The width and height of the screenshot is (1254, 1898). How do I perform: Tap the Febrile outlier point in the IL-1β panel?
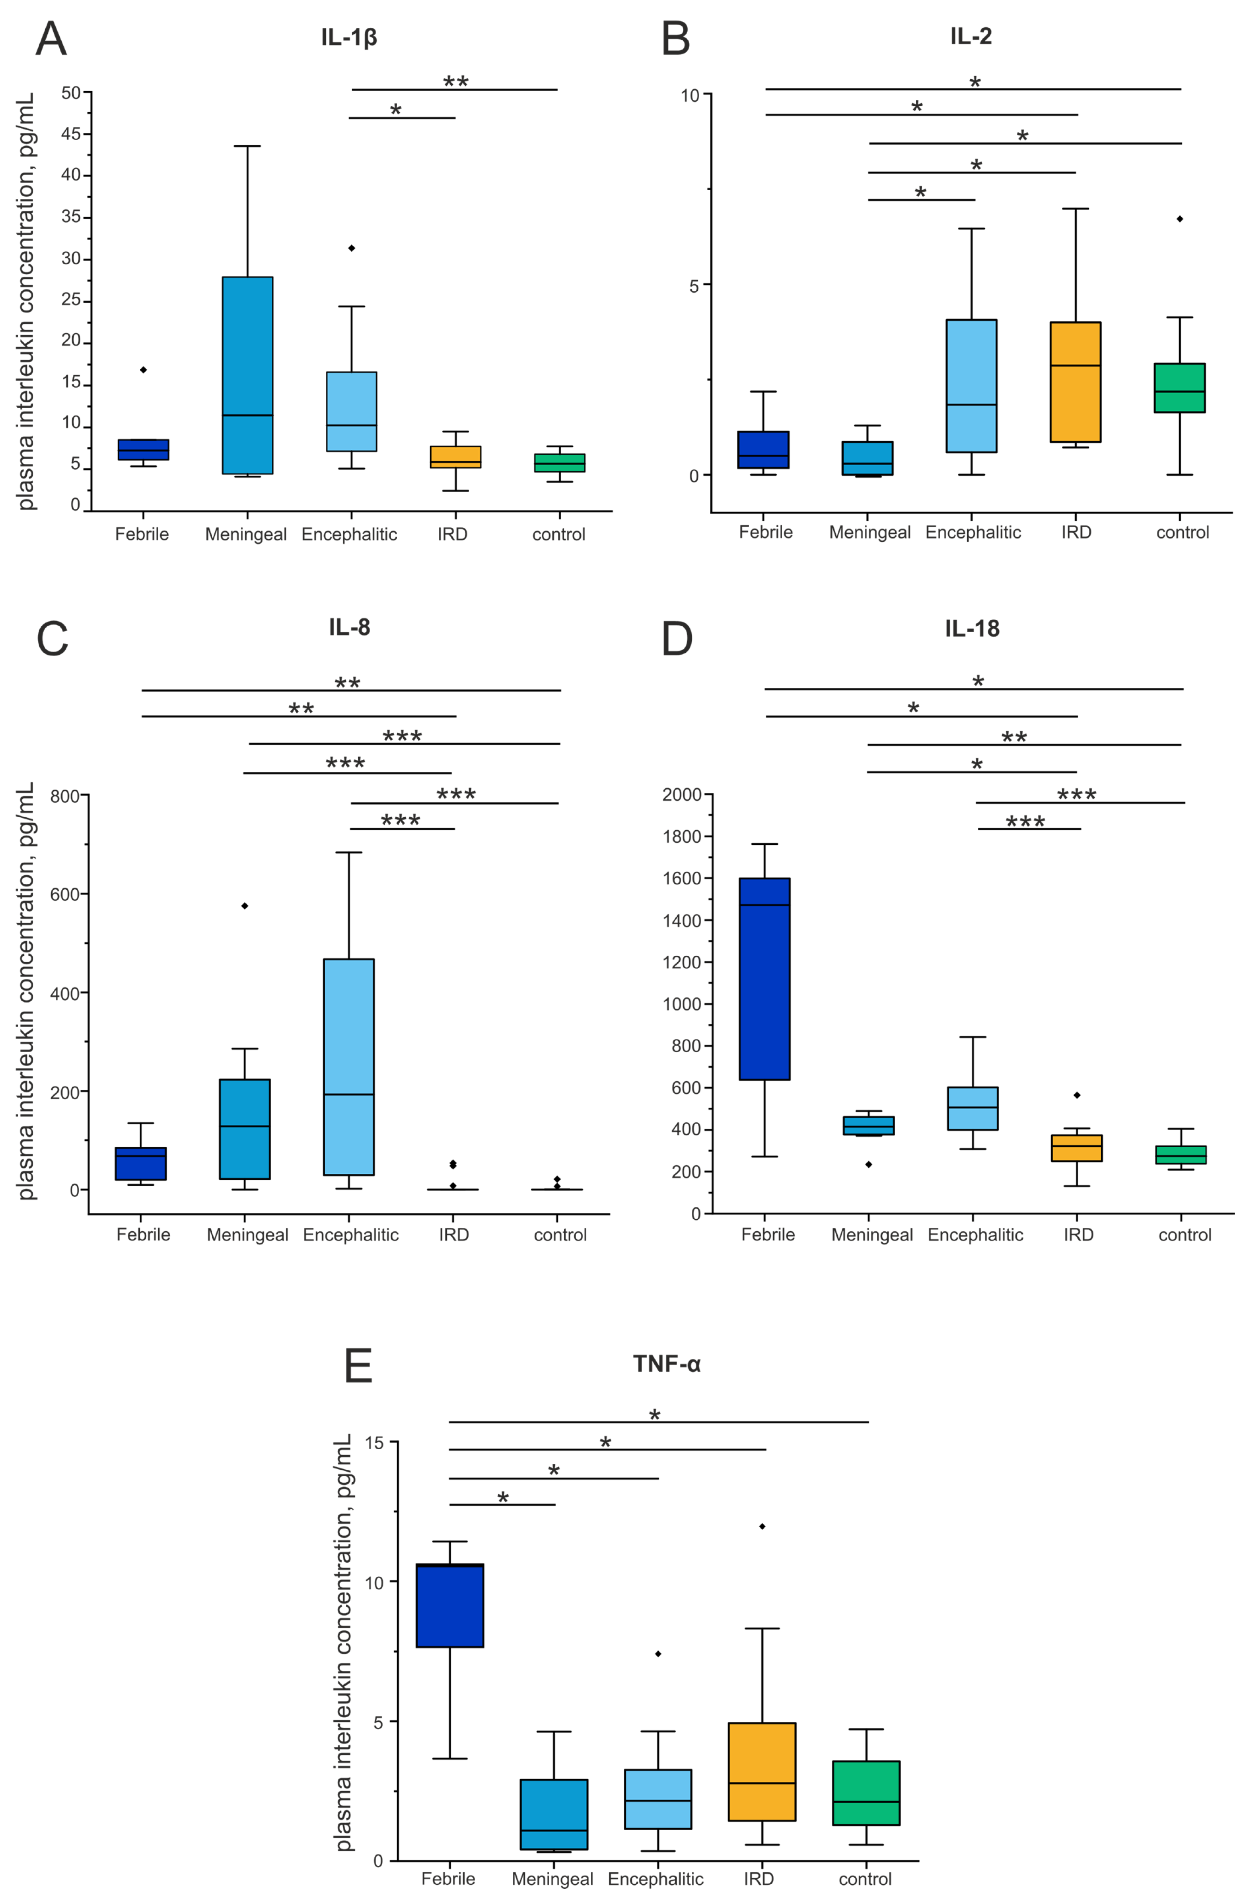(143, 369)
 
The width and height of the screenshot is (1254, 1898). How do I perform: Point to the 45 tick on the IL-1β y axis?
(71, 133)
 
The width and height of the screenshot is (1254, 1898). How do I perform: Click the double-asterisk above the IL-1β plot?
(456, 81)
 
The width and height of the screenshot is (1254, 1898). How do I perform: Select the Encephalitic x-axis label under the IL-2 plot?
(973, 532)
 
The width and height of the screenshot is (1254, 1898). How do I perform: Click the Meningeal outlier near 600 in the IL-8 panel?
(245, 905)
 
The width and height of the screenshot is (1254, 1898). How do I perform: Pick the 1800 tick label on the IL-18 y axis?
(682, 836)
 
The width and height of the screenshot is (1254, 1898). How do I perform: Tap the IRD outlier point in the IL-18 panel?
(1077, 1094)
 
